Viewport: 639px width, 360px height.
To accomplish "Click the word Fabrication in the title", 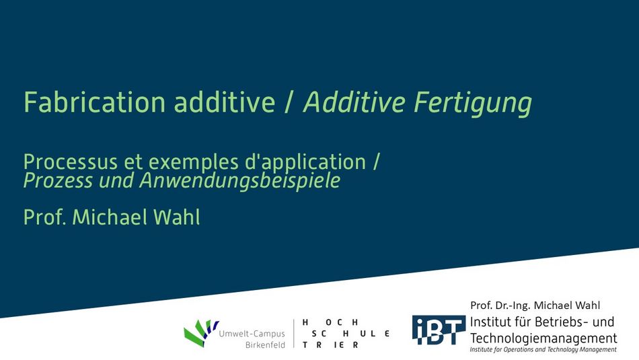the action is [x=94, y=102].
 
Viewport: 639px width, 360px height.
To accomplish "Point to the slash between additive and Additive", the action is [x=289, y=102].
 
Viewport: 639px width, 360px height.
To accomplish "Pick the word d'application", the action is [x=305, y=163].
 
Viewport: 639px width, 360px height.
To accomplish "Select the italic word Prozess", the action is [x=59, y=180].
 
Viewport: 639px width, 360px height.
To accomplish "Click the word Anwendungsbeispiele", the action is [x=240, y=181].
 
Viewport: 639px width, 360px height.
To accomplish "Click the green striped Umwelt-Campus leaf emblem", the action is [x=200, y=332].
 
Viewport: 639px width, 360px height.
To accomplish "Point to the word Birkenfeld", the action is [x=265, y=345].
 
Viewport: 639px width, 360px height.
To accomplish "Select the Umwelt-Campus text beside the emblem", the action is [x=252, y=334].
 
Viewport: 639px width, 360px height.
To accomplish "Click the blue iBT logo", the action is [x=438, y=330].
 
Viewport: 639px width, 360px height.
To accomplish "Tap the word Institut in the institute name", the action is [x=489, y=322].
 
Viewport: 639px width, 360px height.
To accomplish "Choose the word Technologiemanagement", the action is [x=543, y=338].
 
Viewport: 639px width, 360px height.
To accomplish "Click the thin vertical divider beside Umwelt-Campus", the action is [x=294, y=334].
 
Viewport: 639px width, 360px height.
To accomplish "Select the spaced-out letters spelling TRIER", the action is [x=330, y=345].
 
